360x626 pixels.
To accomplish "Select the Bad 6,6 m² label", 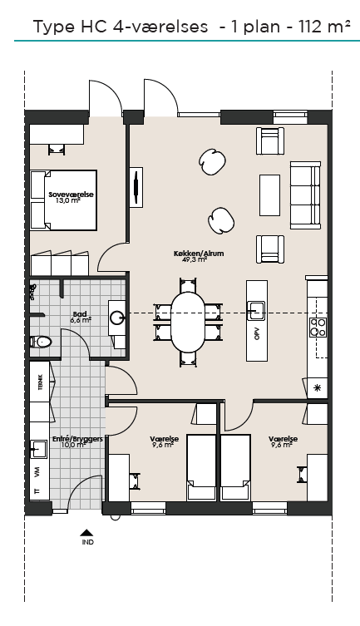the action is click(x=81, y=317).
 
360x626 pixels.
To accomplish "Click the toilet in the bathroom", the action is click(x=41, y=342).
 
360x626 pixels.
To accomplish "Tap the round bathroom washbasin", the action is click(x=118, y=318).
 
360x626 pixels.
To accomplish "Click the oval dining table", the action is click(x=188, y=322).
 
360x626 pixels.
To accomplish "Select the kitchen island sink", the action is click(x=256, y=310).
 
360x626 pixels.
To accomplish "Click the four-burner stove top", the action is click(x=318, y=328).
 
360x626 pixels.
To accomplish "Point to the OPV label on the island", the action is click(x=257, y=334).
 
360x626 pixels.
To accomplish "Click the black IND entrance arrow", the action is click(x=86, y=532).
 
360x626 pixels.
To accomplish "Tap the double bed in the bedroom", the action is click(x=63, y=200).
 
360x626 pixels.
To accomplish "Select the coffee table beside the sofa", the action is click(x=270, y=195).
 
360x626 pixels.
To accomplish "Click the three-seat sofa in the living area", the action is click(x=305, y=195).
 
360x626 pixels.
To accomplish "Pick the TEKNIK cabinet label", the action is click(x=40, y=382).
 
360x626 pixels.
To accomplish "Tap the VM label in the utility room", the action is click(x=37, y=474).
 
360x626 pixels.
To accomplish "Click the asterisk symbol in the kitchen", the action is click(x=318, y=388).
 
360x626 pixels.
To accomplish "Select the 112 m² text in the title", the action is click(x=324, y=27).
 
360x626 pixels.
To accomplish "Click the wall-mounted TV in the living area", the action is click(x=136, y=187).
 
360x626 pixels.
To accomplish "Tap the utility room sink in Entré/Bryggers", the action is click(x=39, y=449).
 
